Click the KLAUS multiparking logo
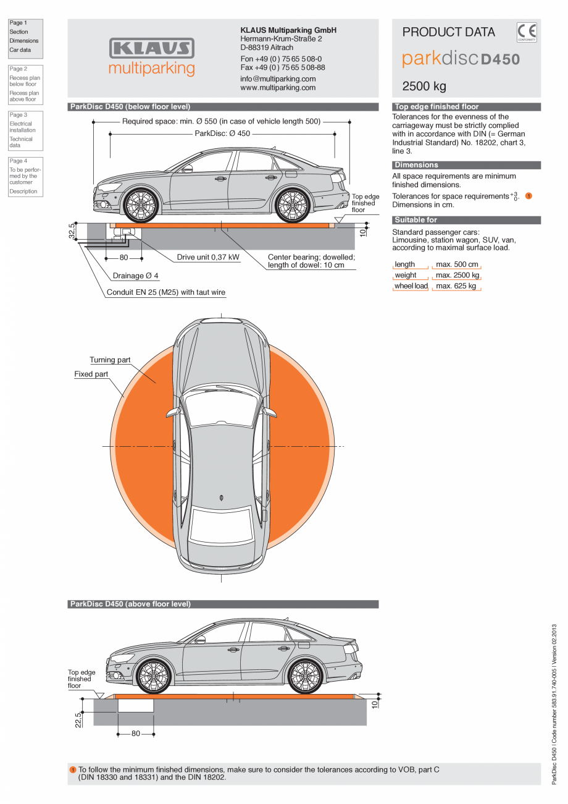[x=151, y=57]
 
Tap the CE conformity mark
[x=527, y=32]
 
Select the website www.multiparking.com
[x=278, y=88]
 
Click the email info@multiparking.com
[x=278, y=79]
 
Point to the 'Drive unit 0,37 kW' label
[x=208, y=257]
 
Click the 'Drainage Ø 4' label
[x=135, y=276]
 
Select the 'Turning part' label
[x=110, y=360]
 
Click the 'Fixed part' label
[x=91, y=374]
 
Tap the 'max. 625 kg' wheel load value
[x=456, y=286]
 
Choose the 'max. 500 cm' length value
[x=457, y=264]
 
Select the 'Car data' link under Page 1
[x=20, y=50]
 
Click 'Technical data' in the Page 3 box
[x=21, y=142]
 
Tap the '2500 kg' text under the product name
[x=424, y=86]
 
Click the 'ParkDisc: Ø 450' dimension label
[x=222, y=133]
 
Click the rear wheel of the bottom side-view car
[x=305, y=676]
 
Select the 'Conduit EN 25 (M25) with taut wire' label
[x=166, y=292]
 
